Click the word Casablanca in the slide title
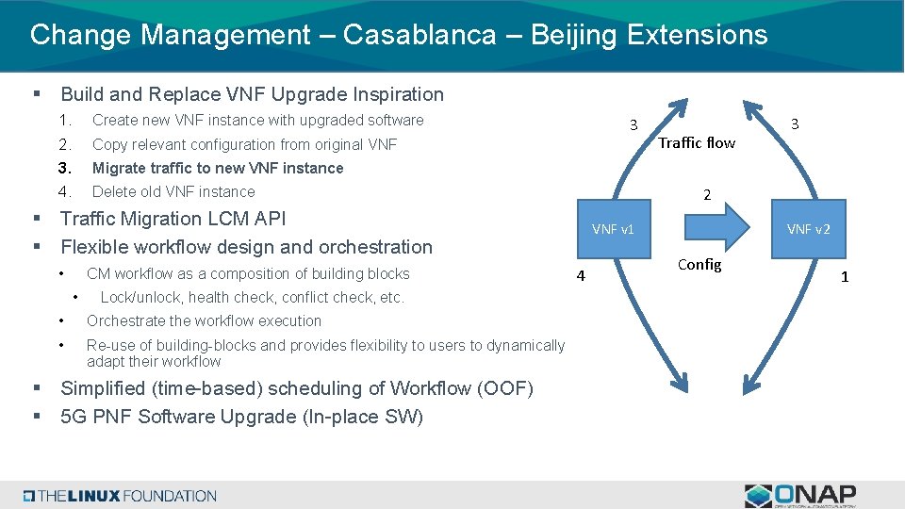pyautogui.click(x=419, y=35)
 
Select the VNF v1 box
pyautogui.click(x=613, y=229)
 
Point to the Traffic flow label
pyautogui.click(x=697, y=142)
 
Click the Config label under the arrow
pyautogui.click(x=699, y=265)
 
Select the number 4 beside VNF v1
pyautogui.click(x=581, y=275)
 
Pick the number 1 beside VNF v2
pyautogui.click(x=845, y=276)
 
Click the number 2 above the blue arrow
pyautogui.click(x=707, y=195)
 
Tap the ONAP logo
pyautogui.click(x=800, y=496)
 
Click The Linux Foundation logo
pyautogui.click(x=120, y=496)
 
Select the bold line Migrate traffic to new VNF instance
pyautogui.click(x=218, y=168)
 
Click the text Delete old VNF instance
pyautogui.click(x=173, y=191)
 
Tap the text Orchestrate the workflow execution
pyautogui.click(x=204, y=320)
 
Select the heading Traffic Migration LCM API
pyautogui.click(x=173, y=219)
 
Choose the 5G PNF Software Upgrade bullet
pyautogui.click(x=241, y=417)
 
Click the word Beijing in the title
pyautogui.click(x=574, y=35)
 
